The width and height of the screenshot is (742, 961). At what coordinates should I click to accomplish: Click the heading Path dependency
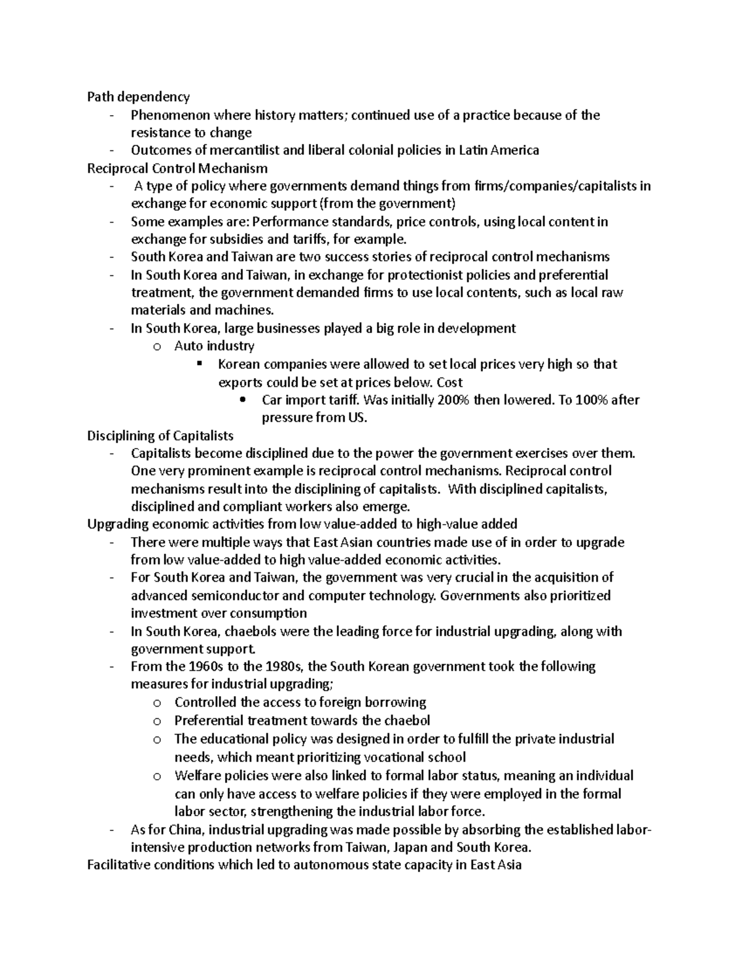coord(138,97)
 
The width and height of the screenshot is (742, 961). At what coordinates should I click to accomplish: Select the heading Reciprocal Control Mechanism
coord(177,168)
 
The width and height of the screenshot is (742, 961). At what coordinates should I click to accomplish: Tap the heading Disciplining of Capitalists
coord(160,436)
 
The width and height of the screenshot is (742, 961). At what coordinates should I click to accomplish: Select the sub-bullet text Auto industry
coord(214,346)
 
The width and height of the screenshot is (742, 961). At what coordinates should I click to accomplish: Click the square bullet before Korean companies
coord(199,364)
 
